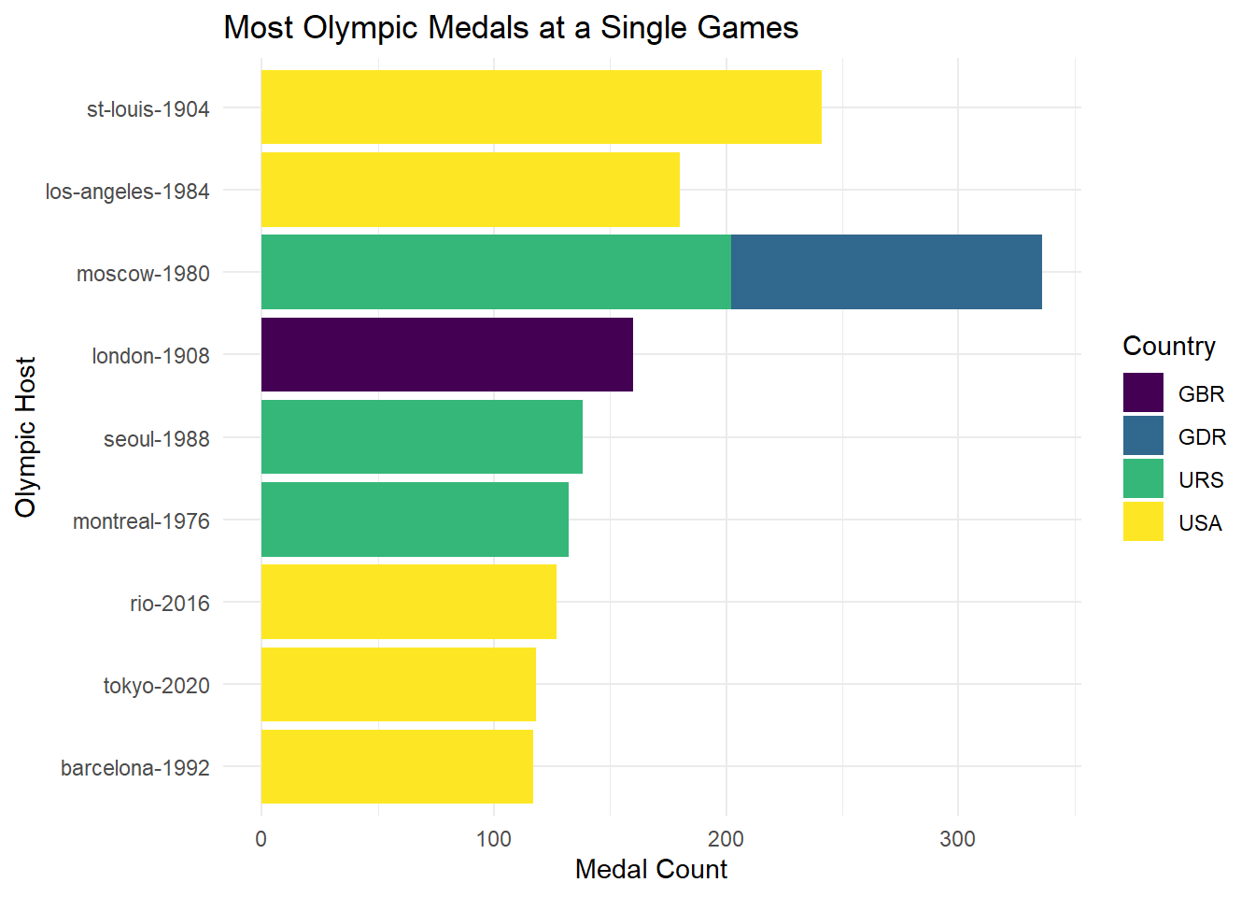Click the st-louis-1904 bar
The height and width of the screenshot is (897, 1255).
[541, 107]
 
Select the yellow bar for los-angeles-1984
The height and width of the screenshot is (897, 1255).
[470, 190]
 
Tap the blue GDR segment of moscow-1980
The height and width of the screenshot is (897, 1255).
[885, 272]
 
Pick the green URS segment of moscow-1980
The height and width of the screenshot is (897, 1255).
[495, 272]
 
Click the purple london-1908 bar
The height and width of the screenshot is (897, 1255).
[446, 355]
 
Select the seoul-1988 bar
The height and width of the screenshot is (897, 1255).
[421, 437]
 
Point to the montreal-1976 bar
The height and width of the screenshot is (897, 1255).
[415, 520]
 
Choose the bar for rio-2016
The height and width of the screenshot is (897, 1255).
[408, 602]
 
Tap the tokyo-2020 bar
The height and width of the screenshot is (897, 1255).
[398, 684]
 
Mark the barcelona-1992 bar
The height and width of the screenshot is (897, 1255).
[397, 766]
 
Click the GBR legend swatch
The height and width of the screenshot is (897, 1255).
[1143, 393]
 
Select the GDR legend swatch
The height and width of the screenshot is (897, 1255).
[1143, 436]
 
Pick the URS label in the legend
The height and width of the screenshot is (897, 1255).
[1201, 480]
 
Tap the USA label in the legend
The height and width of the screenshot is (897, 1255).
[1200, 523]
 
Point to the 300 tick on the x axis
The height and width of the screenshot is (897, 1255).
[957, 838]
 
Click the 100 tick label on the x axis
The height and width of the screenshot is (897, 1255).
[493, 838]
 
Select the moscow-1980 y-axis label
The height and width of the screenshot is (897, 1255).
[143, 274]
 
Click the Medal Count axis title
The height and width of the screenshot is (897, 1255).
[651, 870]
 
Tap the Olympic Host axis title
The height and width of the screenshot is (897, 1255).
[26, 436]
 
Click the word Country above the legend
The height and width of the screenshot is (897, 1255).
[1169, 347]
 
